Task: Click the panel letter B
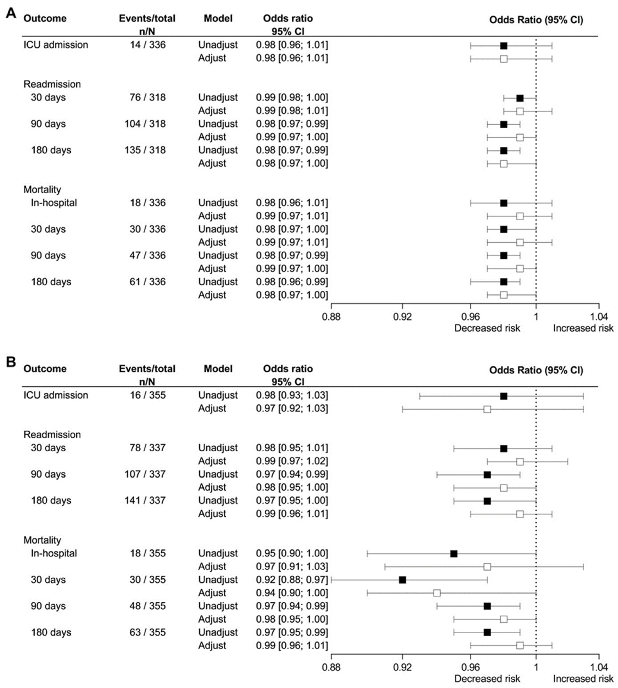point(11,362)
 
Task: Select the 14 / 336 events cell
point(148,45)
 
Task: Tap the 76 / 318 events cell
point(148,97)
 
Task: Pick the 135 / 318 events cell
point(145,150)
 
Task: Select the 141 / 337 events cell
point(145,500)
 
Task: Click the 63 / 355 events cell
point(148,632)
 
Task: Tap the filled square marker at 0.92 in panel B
point(402,580)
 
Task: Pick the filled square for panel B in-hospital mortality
point(454,554)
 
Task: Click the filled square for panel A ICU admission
point(504,46)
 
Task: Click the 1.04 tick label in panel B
point(599,667)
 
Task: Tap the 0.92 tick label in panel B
point(402,667)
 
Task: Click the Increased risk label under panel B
point(583,678)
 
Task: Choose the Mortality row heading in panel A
point(42,190)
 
